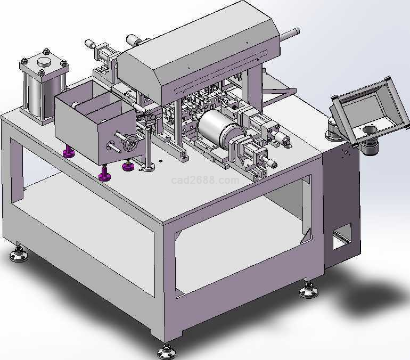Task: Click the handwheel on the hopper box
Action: tap(130, 143)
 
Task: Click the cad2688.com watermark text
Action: tap(205, 180)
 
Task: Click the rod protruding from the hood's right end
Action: tap(290, 34)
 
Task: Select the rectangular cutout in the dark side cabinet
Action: tap(342, 236)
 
